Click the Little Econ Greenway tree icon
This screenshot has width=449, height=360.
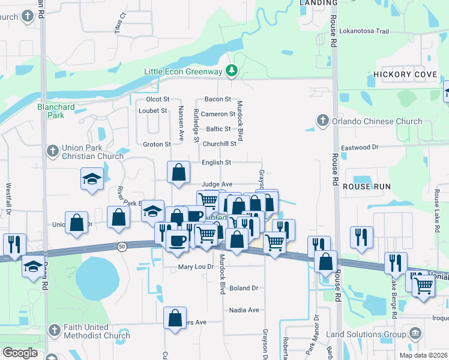(x=232, y=71)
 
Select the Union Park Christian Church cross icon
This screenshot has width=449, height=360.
(x=52, y=150)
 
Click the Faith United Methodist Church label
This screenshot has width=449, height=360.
(x=96, y=331)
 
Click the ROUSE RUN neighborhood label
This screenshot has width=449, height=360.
(x=366, y=187)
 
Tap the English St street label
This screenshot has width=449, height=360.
(x=216, y=162)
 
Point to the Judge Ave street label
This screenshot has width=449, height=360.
(x=217, y=184)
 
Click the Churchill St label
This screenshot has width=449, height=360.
(x=219, y=143)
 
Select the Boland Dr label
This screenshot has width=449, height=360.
(x=243, y=288)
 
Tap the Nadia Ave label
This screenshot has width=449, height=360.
(x=244, y=310)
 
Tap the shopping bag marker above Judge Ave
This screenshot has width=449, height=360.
(x=179, y=172)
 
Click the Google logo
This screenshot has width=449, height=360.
(x=20, y=352)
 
